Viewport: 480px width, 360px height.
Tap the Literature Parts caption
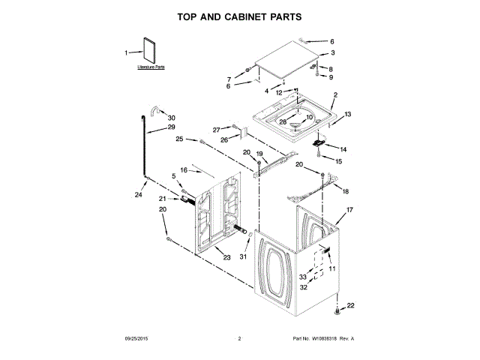point(151,67)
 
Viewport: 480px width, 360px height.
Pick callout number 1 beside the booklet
point(127,52)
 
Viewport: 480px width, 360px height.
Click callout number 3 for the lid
point(332,53)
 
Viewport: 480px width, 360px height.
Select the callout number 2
point(335,95)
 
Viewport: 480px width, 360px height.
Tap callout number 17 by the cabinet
point(349,211)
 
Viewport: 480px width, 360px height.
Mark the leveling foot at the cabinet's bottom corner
point(337,310)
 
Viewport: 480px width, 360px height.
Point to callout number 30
point(172,118)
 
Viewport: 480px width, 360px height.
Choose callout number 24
point(138,195)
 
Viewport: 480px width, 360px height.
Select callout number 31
point(242,257)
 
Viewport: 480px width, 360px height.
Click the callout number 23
point(226,257)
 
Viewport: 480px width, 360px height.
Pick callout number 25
point(180,139)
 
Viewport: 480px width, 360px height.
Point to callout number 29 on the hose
point(171,127)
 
